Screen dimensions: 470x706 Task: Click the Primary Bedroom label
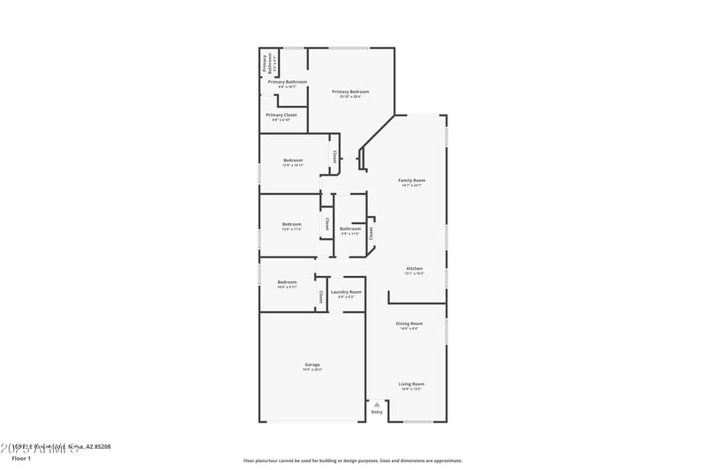click(350, 91)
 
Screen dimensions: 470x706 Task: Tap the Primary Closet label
click(282, 115)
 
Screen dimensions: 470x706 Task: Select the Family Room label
click(412, 180)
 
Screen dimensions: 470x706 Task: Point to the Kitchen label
click(414, 268)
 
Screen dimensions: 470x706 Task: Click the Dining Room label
click(409, 324)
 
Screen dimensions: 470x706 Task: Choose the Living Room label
click(411, 384)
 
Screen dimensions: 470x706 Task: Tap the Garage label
click(312, 364)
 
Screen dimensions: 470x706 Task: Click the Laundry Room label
click(346, 292)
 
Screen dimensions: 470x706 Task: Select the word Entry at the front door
click(377, 412)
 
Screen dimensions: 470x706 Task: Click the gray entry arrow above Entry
click(377, 404)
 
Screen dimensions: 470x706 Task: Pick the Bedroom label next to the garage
click(287, 282)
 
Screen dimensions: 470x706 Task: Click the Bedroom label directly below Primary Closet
click(293, 160)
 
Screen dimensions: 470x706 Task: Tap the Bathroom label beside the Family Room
click(350, 228)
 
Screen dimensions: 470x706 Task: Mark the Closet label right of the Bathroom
click(372, 232)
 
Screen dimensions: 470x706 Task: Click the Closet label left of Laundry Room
click(321, 297)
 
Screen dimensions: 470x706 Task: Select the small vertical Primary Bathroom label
click(264, 63)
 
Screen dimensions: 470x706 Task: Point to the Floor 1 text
click(21, 459)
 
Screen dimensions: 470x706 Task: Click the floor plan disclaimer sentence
click(353, 460)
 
